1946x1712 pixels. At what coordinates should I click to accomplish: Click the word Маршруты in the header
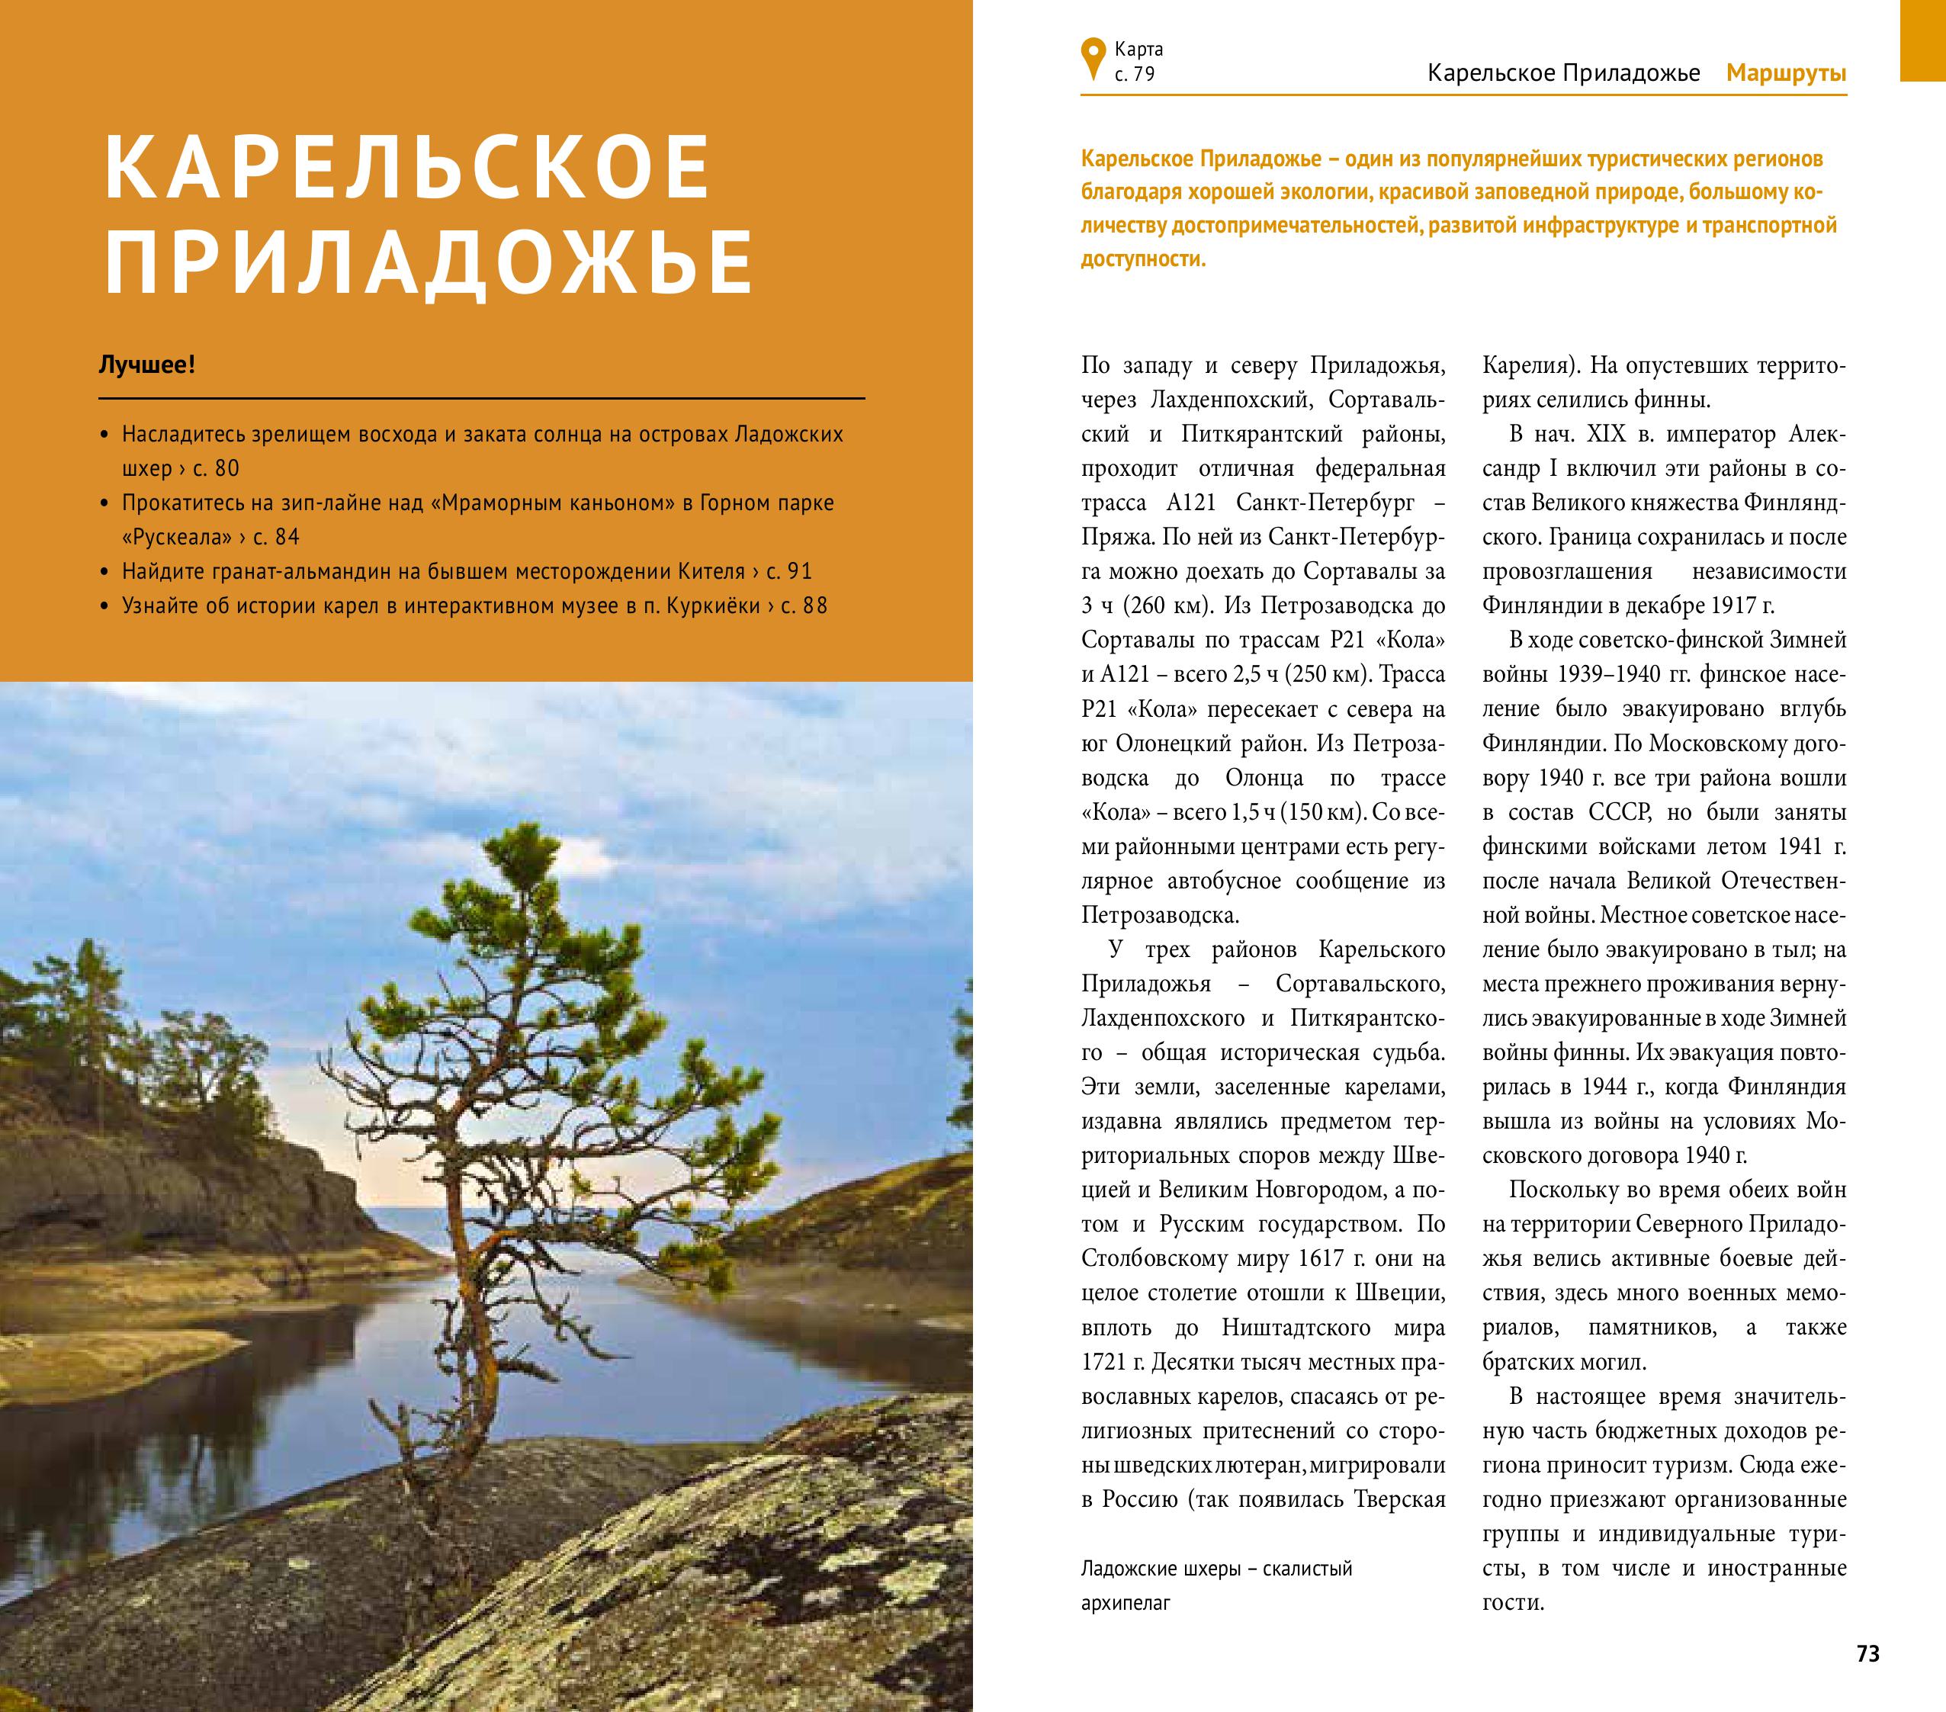pos(1786,73)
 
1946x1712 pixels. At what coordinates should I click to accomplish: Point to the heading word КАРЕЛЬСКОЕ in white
pos(407,169)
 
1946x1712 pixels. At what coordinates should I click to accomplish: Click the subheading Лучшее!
pos(148,365)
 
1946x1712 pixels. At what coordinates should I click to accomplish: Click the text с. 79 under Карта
pos(1134,74)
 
